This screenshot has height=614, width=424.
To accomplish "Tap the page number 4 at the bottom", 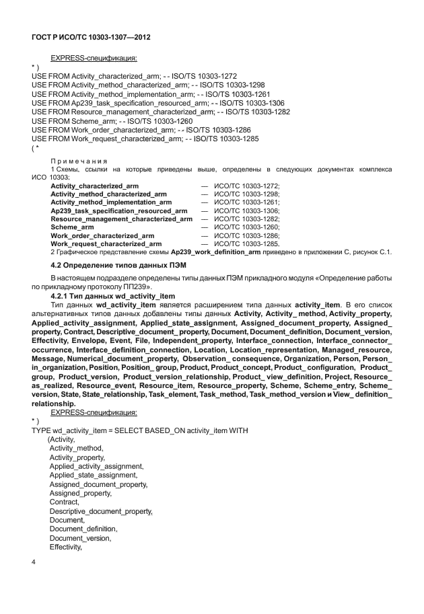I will (x=34, y=562).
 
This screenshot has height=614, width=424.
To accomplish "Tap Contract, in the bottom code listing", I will (x=64, y=502).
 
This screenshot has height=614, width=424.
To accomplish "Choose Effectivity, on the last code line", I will (x=65, y=547).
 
